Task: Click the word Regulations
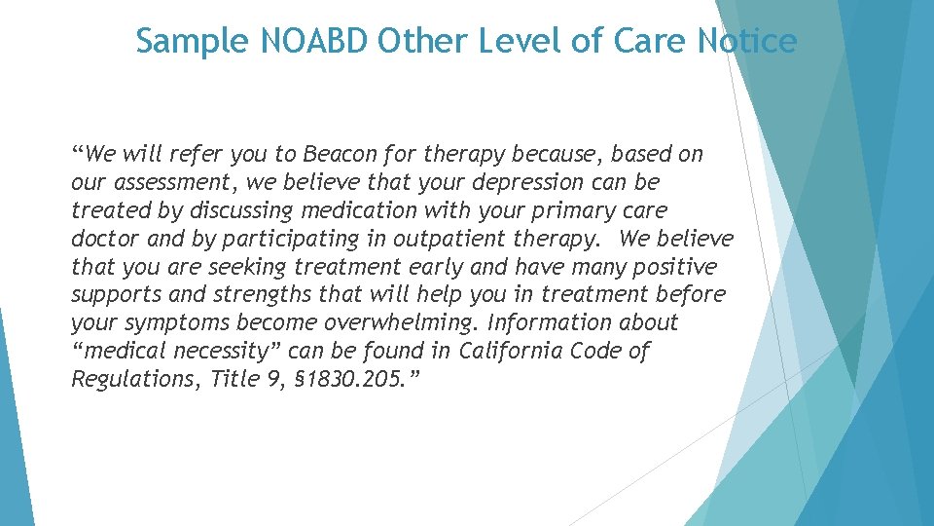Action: point(126,379)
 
